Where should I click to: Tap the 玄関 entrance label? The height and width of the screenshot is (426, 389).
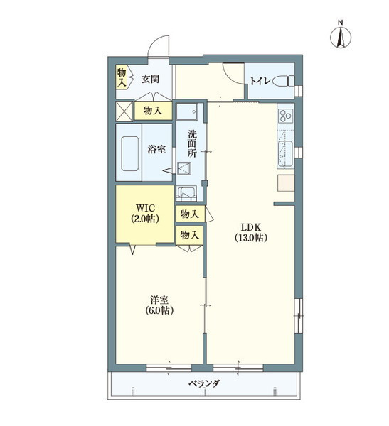150,80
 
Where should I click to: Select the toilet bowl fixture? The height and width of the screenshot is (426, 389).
283,81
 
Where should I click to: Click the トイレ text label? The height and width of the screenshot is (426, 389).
260,81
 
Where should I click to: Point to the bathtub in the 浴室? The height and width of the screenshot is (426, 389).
130,153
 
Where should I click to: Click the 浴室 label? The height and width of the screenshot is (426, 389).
156,149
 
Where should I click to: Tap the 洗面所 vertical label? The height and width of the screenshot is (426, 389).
191,143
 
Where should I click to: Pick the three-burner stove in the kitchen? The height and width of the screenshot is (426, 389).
286,115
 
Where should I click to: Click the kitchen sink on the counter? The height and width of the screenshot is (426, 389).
285,154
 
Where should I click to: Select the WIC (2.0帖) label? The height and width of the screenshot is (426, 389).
145,213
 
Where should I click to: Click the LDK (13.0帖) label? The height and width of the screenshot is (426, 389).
250,232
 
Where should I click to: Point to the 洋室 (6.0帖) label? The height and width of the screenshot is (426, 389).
159,305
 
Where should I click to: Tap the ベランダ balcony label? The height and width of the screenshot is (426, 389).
204,383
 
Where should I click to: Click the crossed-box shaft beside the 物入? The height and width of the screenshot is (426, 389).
124,111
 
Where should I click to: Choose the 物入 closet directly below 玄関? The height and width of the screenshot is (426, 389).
153,110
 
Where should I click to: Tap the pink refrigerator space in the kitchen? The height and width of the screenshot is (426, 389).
286,183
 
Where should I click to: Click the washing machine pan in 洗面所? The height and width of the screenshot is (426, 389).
186,193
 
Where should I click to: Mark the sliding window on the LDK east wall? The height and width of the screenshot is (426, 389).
299,316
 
